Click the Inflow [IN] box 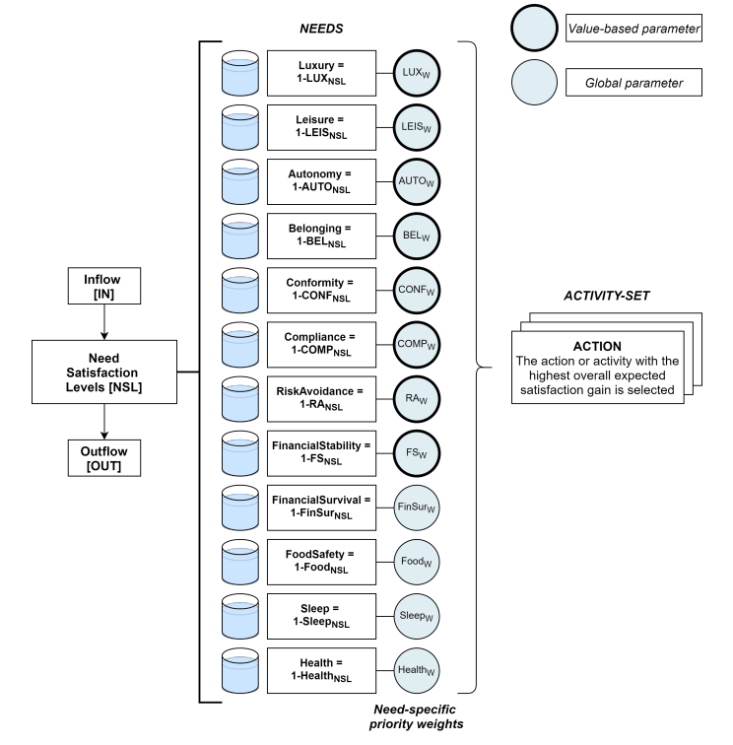point(104,286)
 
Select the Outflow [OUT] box point(104,458)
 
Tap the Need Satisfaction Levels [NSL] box point(104,372)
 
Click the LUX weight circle point(417,73)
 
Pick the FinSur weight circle point(417,508)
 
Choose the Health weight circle point(417,671)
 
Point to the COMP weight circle point(417,345)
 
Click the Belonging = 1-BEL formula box point(321,237)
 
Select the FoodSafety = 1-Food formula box point(321,562)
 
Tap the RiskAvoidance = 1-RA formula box point(321,399)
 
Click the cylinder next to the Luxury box point(240,73)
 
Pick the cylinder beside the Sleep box point(240,617)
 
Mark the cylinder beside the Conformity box point(240,291)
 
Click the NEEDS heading point(321,29)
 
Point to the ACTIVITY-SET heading point(607,296)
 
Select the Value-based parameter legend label point(633,29)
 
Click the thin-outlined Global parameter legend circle point(534,82)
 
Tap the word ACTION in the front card point(597,346)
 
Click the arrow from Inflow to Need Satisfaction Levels point(104,322)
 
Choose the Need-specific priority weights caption point(416,716)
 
